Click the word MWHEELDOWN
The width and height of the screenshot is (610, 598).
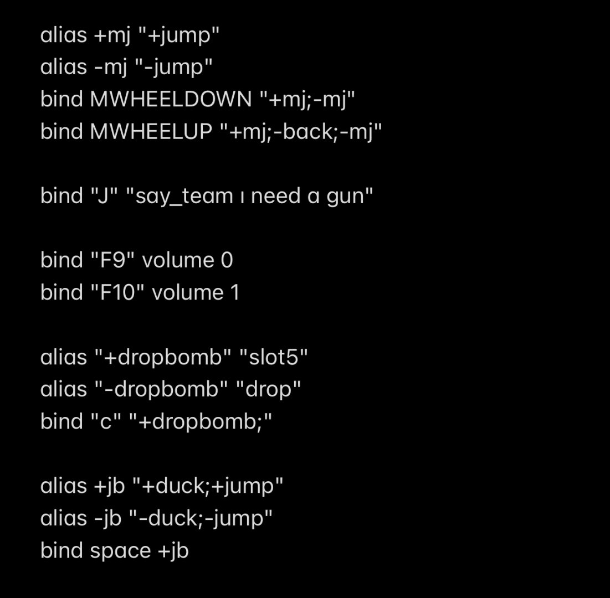click(171, 100)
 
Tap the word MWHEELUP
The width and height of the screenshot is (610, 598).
click(151, 132)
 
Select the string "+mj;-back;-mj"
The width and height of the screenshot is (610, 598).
click(301, 132)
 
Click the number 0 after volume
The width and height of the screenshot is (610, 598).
click(227, 260)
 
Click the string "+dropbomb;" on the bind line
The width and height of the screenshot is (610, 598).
click(201, 421)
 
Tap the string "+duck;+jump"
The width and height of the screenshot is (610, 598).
click(208, 486)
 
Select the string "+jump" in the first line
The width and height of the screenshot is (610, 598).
click(178, 35)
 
